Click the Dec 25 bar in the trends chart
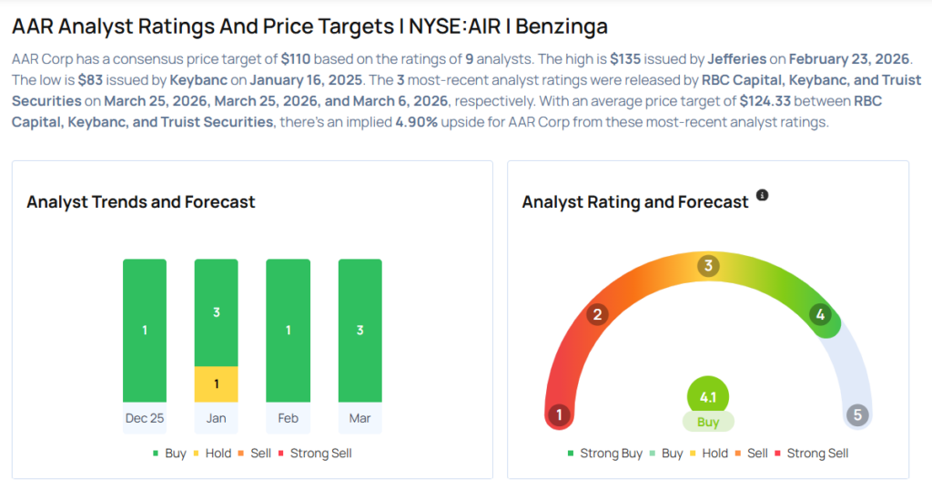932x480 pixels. [x=145, y=330]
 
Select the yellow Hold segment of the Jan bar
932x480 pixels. [x=216, y=384]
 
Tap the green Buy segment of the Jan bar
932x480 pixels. [x=216, y=312]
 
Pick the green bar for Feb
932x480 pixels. [x=288, y=330]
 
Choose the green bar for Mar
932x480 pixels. [x=360, y=330]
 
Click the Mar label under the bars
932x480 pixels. [x=360, y=418]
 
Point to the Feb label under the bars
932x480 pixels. [x=288, y=418]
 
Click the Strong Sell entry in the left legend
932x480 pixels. [x=315, y=453]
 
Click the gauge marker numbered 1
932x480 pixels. [x=559, y=415]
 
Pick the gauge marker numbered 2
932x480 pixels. [x=598, y=315]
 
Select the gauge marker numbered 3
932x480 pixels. [x=708, y=266]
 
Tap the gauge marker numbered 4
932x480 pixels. [x=820, y=315]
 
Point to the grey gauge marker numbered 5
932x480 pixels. [x=856, y=415]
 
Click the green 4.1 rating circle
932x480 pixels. [x=708, y=397]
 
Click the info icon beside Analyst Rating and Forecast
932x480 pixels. [x=763, y=196]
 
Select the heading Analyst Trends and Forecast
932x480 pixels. [x=141, y=202]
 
